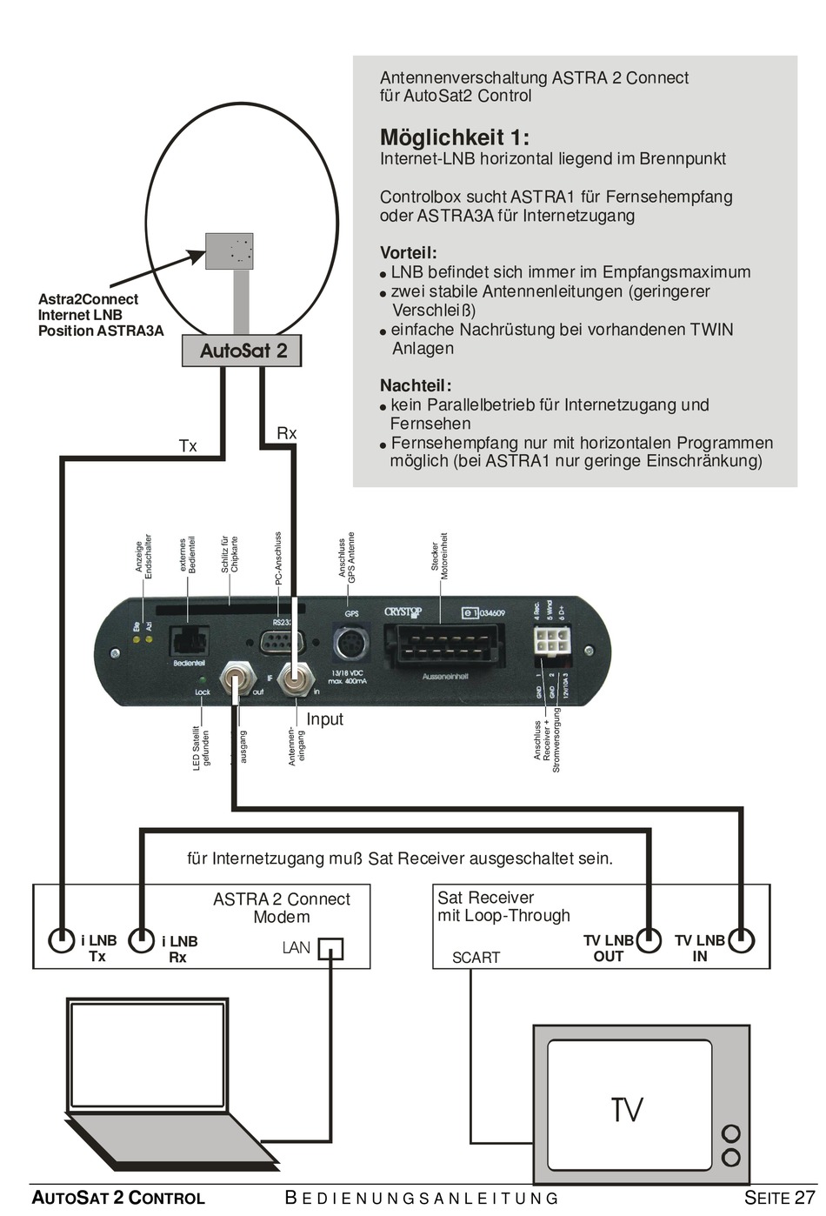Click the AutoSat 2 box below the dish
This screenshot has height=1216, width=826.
(x=242, y=351)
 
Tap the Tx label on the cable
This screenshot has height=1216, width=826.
(x=188, y=446)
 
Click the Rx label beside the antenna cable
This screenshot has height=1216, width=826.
(x=286, y=433)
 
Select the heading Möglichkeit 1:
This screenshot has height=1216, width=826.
(x=454, y=137)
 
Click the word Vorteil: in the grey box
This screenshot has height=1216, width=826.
(x=408, y=253)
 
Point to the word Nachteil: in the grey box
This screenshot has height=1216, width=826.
(x=415, y=385)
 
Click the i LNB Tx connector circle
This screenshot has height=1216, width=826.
(x=62, y=940)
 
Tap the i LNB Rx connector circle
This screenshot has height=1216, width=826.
(x=142, y=940)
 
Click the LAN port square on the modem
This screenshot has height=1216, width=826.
(x=330, y=948)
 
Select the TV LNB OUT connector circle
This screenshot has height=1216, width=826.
(x=648, y=939)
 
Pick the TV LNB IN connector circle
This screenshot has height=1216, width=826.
(x=741, y=939)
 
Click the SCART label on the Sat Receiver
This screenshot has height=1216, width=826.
(x=476, y=958)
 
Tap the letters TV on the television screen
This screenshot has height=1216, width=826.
(x=626, y=1110)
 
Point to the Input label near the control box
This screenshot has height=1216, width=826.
(x=324, y=719)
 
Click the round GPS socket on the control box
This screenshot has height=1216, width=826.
(x=351, y=645)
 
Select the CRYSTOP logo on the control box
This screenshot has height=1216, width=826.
(x=403, y=612)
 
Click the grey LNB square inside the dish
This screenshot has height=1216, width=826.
(x=230, y=251)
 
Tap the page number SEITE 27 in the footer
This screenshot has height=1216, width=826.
(x=780, y=1198)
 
